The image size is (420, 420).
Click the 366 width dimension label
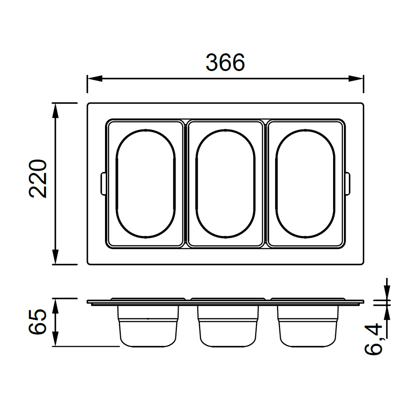point(225,63)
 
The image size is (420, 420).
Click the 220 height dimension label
point(38,178)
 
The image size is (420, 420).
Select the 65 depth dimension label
point(38,322)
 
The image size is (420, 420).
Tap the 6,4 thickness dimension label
point(373,339)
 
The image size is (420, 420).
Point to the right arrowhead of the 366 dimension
point(356,79)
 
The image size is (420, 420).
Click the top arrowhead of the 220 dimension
point(55,110)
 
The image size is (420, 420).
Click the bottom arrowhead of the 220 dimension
point(55,257)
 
